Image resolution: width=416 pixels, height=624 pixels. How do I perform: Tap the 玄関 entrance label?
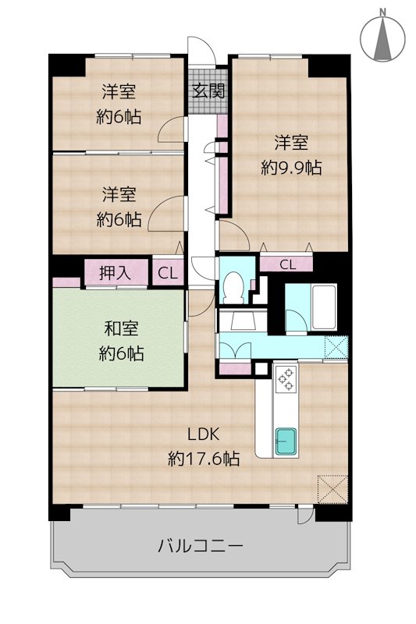point(208,91)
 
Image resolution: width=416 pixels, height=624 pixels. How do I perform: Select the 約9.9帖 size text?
point(291,168)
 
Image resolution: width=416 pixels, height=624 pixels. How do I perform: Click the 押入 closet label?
point(115,273)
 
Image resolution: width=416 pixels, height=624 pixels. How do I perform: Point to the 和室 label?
point(121,328)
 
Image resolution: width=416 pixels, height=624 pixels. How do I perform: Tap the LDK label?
point(204,434)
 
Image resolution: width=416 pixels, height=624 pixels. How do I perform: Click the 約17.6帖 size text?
point(204,459)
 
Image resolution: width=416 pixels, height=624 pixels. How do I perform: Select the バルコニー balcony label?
point(201,545)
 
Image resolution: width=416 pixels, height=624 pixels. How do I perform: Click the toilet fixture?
point(232,287)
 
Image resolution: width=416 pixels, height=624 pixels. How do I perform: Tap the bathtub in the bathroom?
point(324,307)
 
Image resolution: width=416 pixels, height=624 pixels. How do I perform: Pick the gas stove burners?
point(286,379)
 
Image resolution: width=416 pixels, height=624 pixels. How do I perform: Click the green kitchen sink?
point(286,441)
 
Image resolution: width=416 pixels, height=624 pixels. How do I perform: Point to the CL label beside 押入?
point(168,273)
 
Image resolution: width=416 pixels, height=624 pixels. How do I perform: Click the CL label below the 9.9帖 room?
point(287,264)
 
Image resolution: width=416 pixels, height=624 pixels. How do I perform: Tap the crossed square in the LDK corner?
point(332,489)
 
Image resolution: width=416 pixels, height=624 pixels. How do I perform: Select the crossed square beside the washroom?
point(336,347)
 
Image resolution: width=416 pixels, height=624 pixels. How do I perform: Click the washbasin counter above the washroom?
point(243,321)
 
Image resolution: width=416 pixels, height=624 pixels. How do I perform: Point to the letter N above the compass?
point(382,12)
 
